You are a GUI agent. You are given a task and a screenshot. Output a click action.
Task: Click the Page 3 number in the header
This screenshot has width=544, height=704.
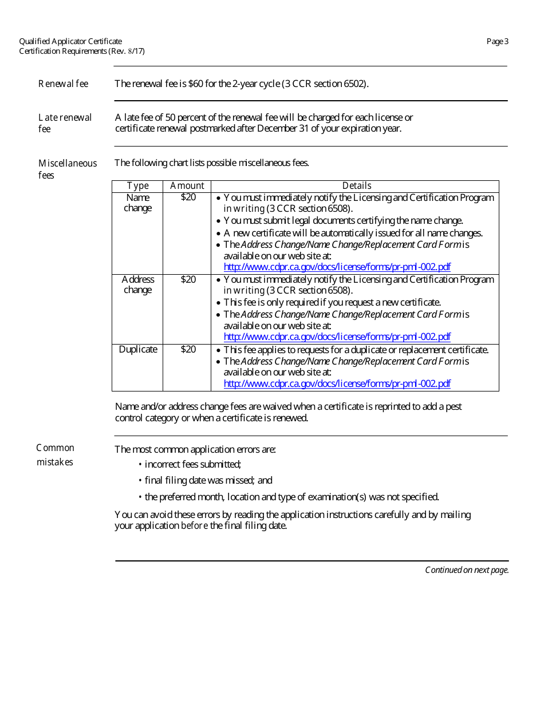click(x=497, y=41)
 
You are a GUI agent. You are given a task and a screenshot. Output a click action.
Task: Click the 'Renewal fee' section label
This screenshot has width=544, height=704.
click(x=63, y=84)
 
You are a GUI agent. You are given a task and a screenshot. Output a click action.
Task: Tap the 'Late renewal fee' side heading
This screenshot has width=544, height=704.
click(x=65, y=123)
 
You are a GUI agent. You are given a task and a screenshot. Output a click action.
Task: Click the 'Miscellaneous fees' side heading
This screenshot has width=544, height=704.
click(x=67, y=169)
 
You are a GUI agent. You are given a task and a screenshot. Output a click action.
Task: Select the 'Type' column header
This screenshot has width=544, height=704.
click(x=137, y=186)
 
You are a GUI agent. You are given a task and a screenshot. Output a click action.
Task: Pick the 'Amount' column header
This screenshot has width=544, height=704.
click(x=187, y=186)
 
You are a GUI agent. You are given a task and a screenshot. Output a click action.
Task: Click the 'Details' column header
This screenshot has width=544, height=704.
click(x=356, y=186)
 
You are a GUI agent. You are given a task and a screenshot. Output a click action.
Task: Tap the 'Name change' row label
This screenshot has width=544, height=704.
click(x=137, y=203)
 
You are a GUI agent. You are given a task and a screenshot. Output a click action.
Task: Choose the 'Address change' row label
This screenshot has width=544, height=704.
click(x=137, y=284)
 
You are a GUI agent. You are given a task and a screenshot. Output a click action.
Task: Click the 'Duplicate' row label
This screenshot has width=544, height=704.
click(x=137, y=350)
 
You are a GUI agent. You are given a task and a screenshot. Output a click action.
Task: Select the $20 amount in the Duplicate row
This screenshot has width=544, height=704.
click(x=188, y=350)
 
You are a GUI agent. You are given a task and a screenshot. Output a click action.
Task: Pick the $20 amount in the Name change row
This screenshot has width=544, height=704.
click(x=188, y=197)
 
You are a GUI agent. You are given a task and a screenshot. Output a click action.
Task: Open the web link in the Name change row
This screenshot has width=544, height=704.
click(x=337, y=267)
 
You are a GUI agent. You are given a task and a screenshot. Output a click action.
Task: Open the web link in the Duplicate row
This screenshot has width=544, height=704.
click(x=337, y=384)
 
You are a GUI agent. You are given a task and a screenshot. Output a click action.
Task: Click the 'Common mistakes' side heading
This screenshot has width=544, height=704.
click(x=56, y=455)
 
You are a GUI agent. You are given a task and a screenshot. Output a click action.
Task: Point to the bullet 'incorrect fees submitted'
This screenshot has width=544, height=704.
click(x=192, y=465)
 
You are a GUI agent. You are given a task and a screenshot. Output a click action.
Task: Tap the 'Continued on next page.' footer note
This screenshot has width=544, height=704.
click(x=466, y=570)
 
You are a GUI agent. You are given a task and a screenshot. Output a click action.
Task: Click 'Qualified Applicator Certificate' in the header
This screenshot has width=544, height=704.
click(x=70, y=41)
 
